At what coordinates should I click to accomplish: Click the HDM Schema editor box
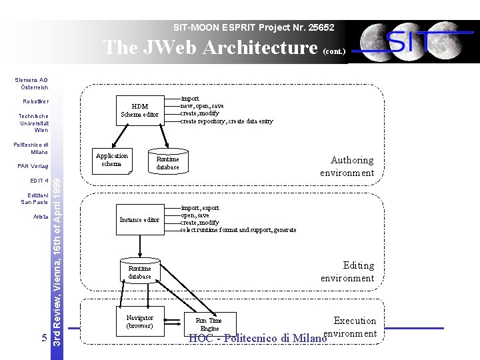[139, 110]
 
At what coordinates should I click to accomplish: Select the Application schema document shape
[112, 160]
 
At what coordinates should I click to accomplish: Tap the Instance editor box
[139, 219]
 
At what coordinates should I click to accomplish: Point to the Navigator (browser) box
[139, 322]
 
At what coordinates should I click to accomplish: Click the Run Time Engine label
[209, 325]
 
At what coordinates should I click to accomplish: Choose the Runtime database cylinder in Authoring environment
[168, 163]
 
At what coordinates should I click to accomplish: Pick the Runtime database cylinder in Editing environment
[140, 272]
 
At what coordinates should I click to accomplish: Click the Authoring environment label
[347, 166]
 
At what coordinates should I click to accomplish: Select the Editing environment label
[347, 271]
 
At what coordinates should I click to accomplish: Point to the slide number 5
[44, 338]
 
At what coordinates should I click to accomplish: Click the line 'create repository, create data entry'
[227, 121]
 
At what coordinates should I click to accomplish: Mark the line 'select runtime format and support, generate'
[238, 230]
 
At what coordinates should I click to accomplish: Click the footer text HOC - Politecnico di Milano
[257, 338]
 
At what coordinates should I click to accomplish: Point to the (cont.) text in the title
[334, 51]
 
